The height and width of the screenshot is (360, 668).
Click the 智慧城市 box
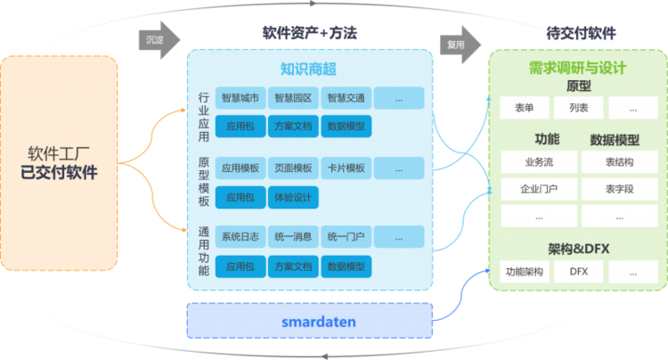[x=240, y=98]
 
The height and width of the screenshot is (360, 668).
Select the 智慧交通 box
[x=345, y=98]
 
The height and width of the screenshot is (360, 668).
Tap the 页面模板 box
[x=293, y=168]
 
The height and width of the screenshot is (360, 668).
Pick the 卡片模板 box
[x=345, y=168]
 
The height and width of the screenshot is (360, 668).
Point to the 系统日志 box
[x=240, y=236]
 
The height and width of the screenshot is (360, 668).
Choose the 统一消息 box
[x=293, y=236]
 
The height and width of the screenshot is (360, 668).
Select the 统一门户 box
[x=345, y=236]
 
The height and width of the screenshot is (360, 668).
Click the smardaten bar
[x=309, y=320]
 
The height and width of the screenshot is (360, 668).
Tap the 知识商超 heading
[x=308, y=69]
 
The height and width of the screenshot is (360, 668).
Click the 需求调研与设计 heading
[x=577, y=69]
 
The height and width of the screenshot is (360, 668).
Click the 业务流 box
[x=538, y=162]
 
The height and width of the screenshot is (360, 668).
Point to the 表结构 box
[x=619, y=162]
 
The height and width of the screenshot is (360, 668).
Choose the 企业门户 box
[x=538, y=189]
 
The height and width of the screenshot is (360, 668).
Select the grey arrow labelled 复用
[x=460, y=41]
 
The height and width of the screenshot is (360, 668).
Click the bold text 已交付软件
[x=59, y=172]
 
